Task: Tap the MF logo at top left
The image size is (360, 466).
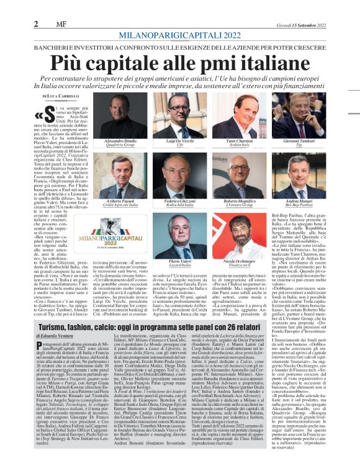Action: pos(62,7)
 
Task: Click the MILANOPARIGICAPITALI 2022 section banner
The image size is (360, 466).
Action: pos(179,19)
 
